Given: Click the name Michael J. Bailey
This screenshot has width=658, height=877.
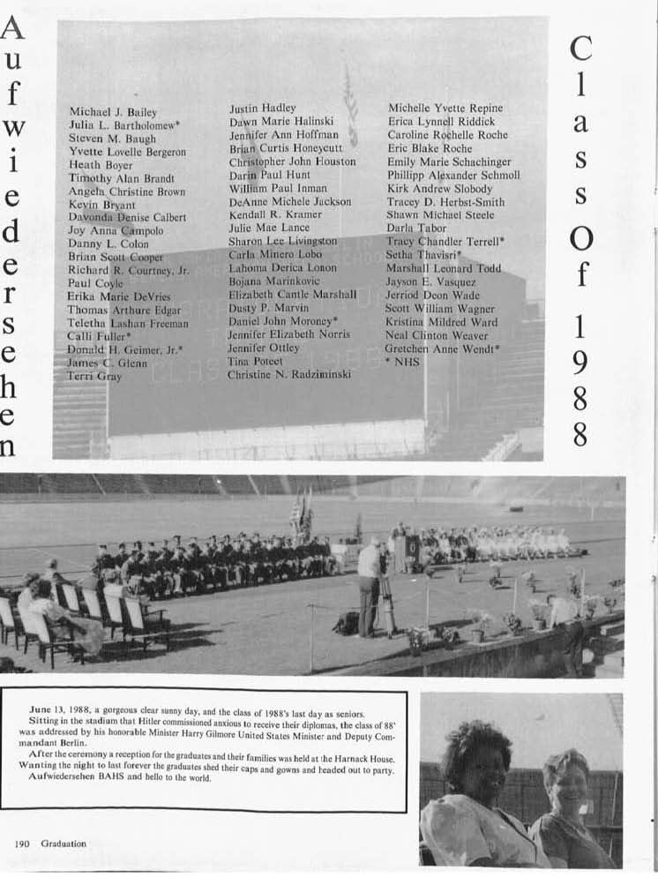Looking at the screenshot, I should [x=113, y=113].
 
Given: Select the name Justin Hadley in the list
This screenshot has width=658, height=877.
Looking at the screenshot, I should [x=263, y=108].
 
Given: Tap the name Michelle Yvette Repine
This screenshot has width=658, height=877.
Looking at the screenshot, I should [x=445, y=108].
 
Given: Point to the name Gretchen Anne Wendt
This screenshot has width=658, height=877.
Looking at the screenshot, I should [x=441, y=349].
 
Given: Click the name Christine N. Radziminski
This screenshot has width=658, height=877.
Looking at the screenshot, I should [x=289, y=375].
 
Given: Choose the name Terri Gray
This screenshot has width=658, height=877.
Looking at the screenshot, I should [x=94, y=376].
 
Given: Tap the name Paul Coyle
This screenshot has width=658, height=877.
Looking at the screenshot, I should [x=95, y=283].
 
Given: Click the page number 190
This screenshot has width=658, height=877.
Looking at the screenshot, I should [x=22, y=843].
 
